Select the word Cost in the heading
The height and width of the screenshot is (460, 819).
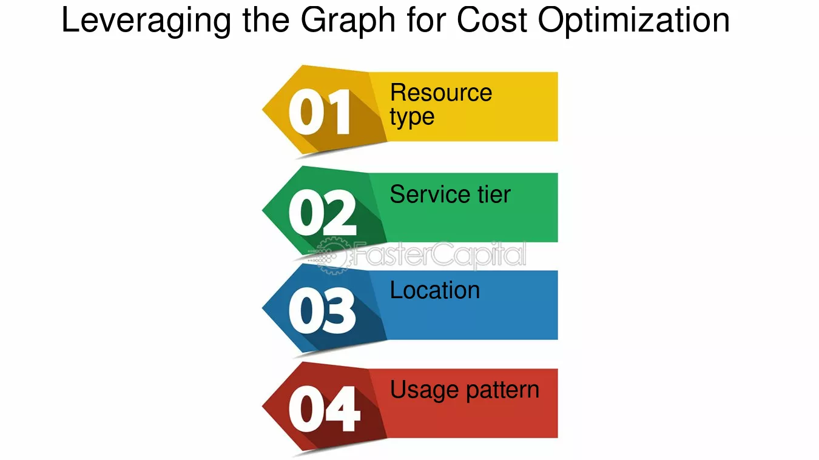point(492,20)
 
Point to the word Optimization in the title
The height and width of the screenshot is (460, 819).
point(633,21)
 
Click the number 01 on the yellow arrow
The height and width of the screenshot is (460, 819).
point(319,112)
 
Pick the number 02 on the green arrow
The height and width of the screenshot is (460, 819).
point(322,213)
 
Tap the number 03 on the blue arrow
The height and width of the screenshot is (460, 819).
point(322,311)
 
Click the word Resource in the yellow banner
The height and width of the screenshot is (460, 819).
point(440,93)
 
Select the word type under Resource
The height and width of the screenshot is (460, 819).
point(412,117)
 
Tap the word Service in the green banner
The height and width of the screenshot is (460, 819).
point(425,195)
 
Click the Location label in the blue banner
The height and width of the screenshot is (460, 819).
point(434,291)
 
